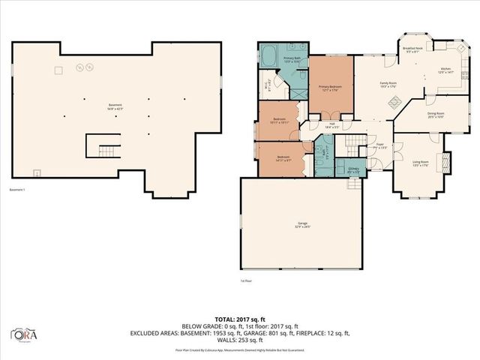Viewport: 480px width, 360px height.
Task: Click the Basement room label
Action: [115, 106]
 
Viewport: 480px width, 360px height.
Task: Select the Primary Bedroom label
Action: [330, 88]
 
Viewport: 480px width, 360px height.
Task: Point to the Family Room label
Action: [388, 84]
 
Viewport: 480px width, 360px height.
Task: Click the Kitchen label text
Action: [445, 70]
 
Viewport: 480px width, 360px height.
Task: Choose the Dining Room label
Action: [436, 115]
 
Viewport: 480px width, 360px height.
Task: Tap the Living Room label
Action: [420, 163]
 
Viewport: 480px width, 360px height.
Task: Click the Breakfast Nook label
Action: [413, 50]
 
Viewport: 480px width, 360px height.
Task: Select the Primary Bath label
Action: [292, 59]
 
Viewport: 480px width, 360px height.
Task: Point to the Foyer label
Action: [380, 145]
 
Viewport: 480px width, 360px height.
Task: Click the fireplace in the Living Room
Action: [448, 162]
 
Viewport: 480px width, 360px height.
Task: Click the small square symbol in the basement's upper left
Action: [55, 70]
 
